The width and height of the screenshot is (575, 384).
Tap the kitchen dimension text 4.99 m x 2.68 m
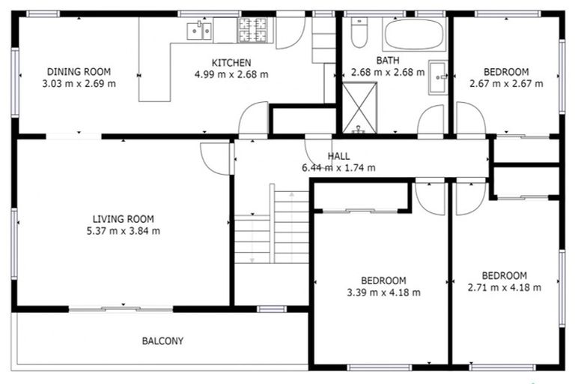(x=231, y=74)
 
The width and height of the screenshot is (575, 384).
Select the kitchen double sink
(x=198, y=31)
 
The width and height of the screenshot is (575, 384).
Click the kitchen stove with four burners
(x=253, y=30)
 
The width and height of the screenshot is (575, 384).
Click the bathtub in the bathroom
(x=414, y=34)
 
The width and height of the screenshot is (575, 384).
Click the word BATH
(x=387, y=61)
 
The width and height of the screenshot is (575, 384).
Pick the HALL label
(x=338, y=155)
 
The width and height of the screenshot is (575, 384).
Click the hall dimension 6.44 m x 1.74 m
(x=338, y=167)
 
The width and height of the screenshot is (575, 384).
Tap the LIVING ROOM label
(x=124, y=219)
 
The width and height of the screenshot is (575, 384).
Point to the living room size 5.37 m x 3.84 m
(x=124, y=231)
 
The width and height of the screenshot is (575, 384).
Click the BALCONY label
(x=162, y=341)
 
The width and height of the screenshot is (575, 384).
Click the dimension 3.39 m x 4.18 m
(x=383, y=292)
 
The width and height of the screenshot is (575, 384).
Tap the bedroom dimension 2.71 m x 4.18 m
(x=504, y=286)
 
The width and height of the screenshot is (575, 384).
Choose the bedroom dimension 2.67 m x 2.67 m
(x=505, y=83)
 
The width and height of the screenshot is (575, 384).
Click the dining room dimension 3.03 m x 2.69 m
(x=79, y=83)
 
